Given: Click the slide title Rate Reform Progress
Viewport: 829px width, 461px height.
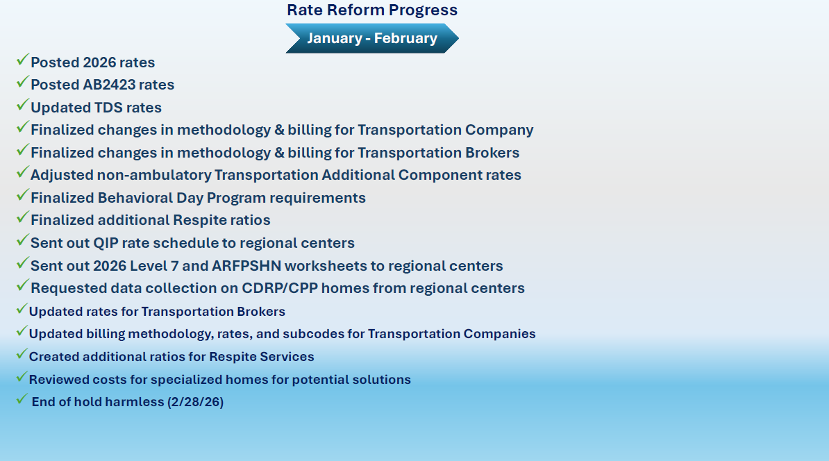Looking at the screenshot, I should point(372,10).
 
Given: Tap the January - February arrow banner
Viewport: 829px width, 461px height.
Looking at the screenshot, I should point(372,38).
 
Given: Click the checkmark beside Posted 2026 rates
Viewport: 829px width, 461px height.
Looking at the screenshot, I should point(22,60).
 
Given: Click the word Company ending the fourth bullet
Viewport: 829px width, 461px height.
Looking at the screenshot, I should point(499,130).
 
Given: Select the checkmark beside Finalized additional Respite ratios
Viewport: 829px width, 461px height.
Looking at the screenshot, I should point(22,219).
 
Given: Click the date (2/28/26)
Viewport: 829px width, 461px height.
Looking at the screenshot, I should point(195,402).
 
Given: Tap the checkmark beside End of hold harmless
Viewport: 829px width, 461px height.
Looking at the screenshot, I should point(22,400).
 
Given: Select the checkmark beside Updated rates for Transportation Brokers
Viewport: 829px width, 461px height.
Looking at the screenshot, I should point(22,310).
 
